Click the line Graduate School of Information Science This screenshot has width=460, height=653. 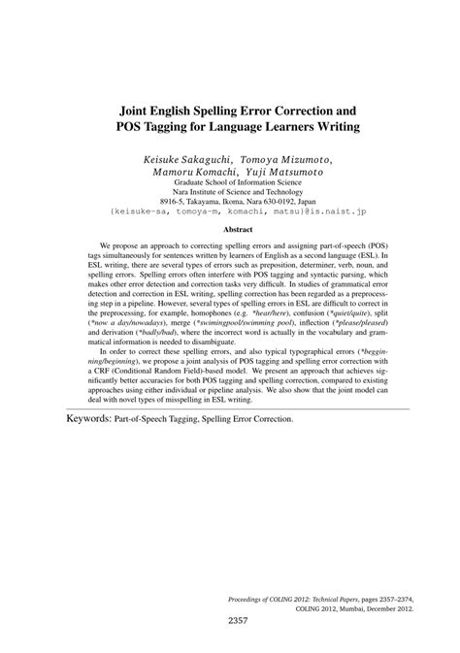(230, 181)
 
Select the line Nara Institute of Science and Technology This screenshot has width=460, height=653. (230, 192)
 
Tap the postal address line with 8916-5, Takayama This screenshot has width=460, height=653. (230, 203)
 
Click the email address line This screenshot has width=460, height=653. (230, 214)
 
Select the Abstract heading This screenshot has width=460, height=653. (230, 231)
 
